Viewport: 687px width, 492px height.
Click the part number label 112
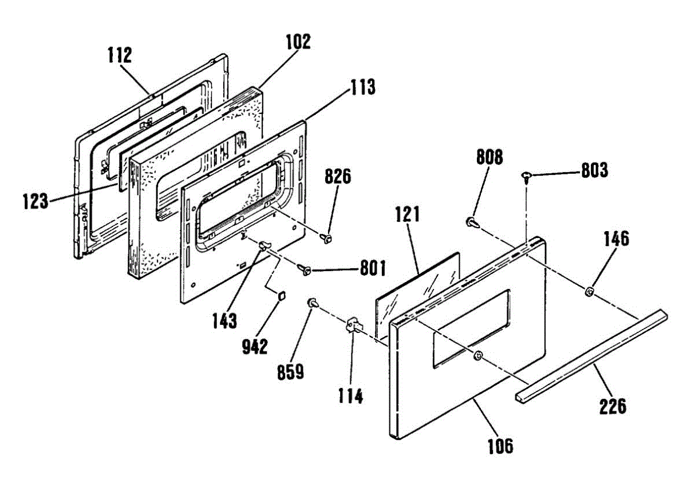119,55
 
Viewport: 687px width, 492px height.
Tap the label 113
363,88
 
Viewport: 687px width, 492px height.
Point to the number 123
35,201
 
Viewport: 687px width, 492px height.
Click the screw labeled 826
328,236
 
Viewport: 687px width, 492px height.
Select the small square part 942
282,296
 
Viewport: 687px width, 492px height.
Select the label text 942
254,346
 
